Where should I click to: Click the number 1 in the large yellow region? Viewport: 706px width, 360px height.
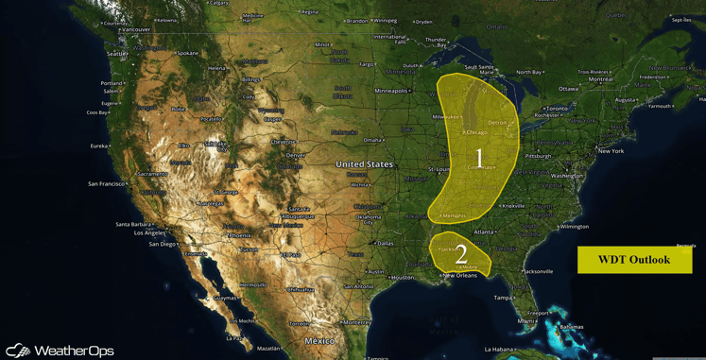click(479, 157)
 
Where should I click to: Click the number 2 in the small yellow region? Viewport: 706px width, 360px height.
click(461, 253)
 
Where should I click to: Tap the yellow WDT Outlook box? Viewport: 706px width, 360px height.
click(634, 260)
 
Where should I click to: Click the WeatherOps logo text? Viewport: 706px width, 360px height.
click(74, 351)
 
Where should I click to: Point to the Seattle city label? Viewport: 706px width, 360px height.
click(117, 54)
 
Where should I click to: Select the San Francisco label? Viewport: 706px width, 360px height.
click(107, 183)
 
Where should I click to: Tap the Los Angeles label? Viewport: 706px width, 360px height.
click(137, 232)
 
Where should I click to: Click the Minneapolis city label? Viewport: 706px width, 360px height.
click(390, 91)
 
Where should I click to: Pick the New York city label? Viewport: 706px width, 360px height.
click(611, 151)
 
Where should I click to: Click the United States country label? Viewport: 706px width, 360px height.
click(364, 164)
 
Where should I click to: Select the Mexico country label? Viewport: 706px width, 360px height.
click(319, 340)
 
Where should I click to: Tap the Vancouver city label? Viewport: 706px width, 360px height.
click(136, 29)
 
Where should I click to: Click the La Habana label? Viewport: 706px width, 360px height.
click(498, 349)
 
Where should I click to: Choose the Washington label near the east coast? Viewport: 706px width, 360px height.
click(567, 176)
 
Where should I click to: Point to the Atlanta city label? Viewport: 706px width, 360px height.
click(484, 231)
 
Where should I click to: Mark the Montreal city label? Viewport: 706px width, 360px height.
click(600, 79)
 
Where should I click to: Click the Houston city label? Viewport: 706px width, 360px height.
click(403, 277)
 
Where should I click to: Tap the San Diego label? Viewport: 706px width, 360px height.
click(163, 244)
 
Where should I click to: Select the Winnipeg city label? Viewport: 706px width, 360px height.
click(385, 20)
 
